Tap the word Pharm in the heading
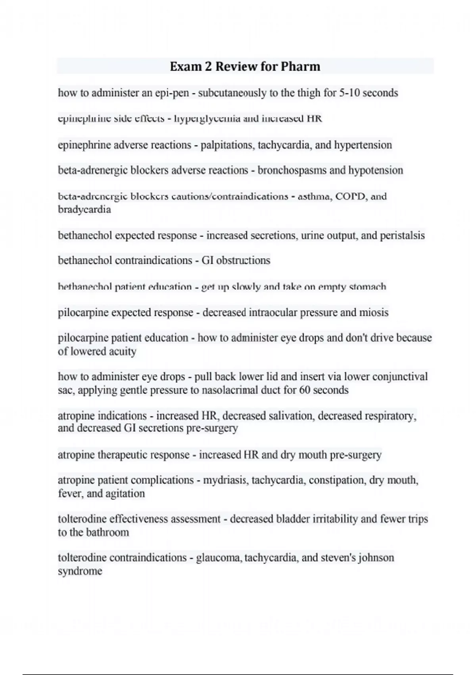(x=300, y=66)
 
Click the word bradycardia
(x=84, y=209)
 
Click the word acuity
(x=123, y=351)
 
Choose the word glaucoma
(x=219, y=557)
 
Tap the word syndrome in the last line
(x=80, y=571)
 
